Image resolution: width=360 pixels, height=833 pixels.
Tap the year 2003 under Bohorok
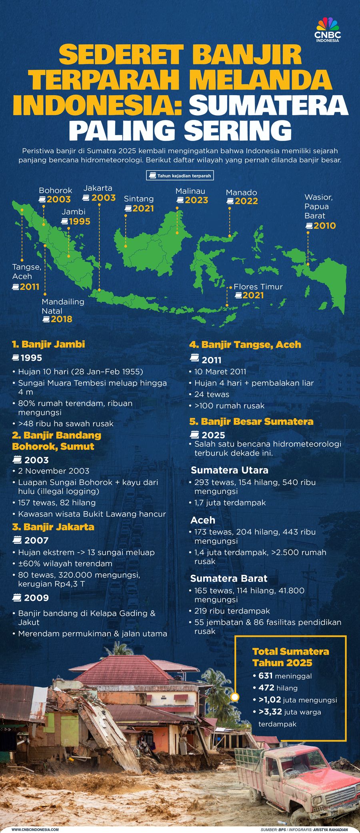click(x=58, y=199)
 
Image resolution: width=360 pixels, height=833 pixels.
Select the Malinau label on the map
click(x=190, y=191)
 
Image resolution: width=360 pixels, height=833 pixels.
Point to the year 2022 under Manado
click(x=246, y=202)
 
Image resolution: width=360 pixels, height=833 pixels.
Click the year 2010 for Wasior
click(x=324, y=226)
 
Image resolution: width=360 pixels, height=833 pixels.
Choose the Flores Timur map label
click(x=258, y=287)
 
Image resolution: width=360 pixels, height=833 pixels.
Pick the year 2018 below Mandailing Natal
click(x=61, y=319)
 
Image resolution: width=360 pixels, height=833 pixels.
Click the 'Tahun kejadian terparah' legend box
click(x=180, y=176)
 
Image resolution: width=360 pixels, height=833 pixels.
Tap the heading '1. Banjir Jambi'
click(x=48, y=344)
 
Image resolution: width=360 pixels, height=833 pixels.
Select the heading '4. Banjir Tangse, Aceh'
click(x=245, y=345)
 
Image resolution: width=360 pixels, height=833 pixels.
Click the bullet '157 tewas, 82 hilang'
click(x=57, y=503)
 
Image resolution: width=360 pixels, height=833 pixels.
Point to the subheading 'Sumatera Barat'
click(x=229, y=579)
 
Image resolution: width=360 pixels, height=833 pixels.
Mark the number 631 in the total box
click(x=266, y=676)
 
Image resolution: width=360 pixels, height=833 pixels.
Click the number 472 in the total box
click(x=266, y=688)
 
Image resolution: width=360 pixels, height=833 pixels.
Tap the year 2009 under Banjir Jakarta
click(x=36, y=598)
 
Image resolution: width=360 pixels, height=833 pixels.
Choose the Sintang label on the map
click(x=139, y=199)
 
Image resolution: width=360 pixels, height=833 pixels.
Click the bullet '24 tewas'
click(x=212, y=394)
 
